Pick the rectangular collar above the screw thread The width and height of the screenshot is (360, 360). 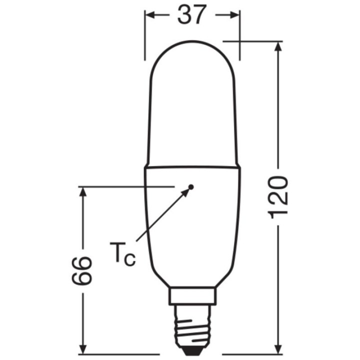tap(192, 295)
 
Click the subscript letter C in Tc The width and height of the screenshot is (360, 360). tap(129, 260)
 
